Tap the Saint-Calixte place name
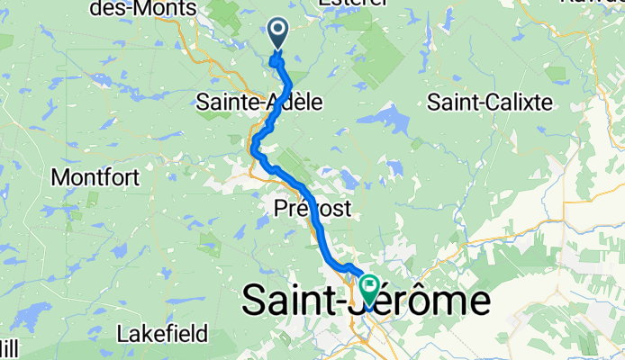point(490,103)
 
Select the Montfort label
point(95,177)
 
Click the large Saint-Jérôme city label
point(367,301)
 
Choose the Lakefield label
point(162,335)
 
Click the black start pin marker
point(277,34)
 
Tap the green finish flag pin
point(369,290)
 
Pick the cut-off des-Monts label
point(143,6)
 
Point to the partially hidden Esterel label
point(352,3)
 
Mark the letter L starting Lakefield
point(122,335)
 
